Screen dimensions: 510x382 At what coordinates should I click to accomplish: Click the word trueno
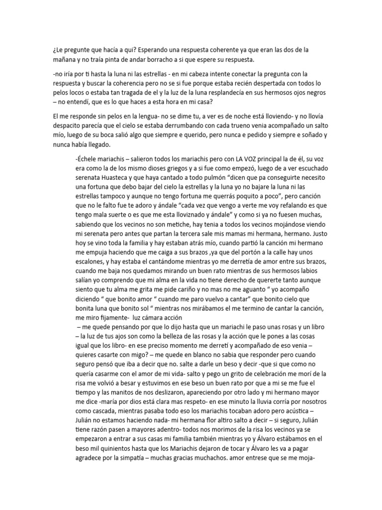(269, 125)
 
